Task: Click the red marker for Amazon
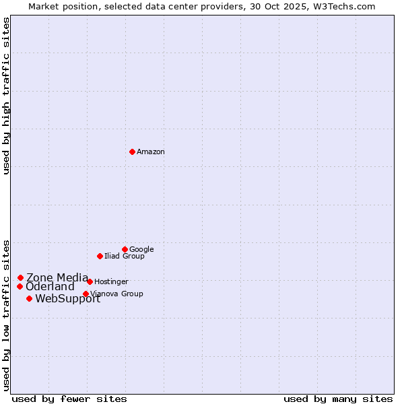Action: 132,151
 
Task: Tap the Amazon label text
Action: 151,152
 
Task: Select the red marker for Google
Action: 125,249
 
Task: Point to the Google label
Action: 141,250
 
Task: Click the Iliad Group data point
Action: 100,256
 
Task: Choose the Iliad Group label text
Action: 125,257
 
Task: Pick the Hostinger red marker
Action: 90,281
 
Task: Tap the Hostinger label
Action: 111,282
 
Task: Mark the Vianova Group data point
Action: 86,294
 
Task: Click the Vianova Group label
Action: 117,294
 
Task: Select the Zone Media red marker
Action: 20,277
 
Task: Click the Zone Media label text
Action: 57,277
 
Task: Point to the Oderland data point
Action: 20,286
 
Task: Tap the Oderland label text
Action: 50,287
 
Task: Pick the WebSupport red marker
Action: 29,298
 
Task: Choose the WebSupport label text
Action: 67,299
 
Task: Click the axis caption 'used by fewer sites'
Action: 69,399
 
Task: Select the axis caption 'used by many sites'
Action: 338,399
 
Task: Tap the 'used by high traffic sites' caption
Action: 6,96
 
